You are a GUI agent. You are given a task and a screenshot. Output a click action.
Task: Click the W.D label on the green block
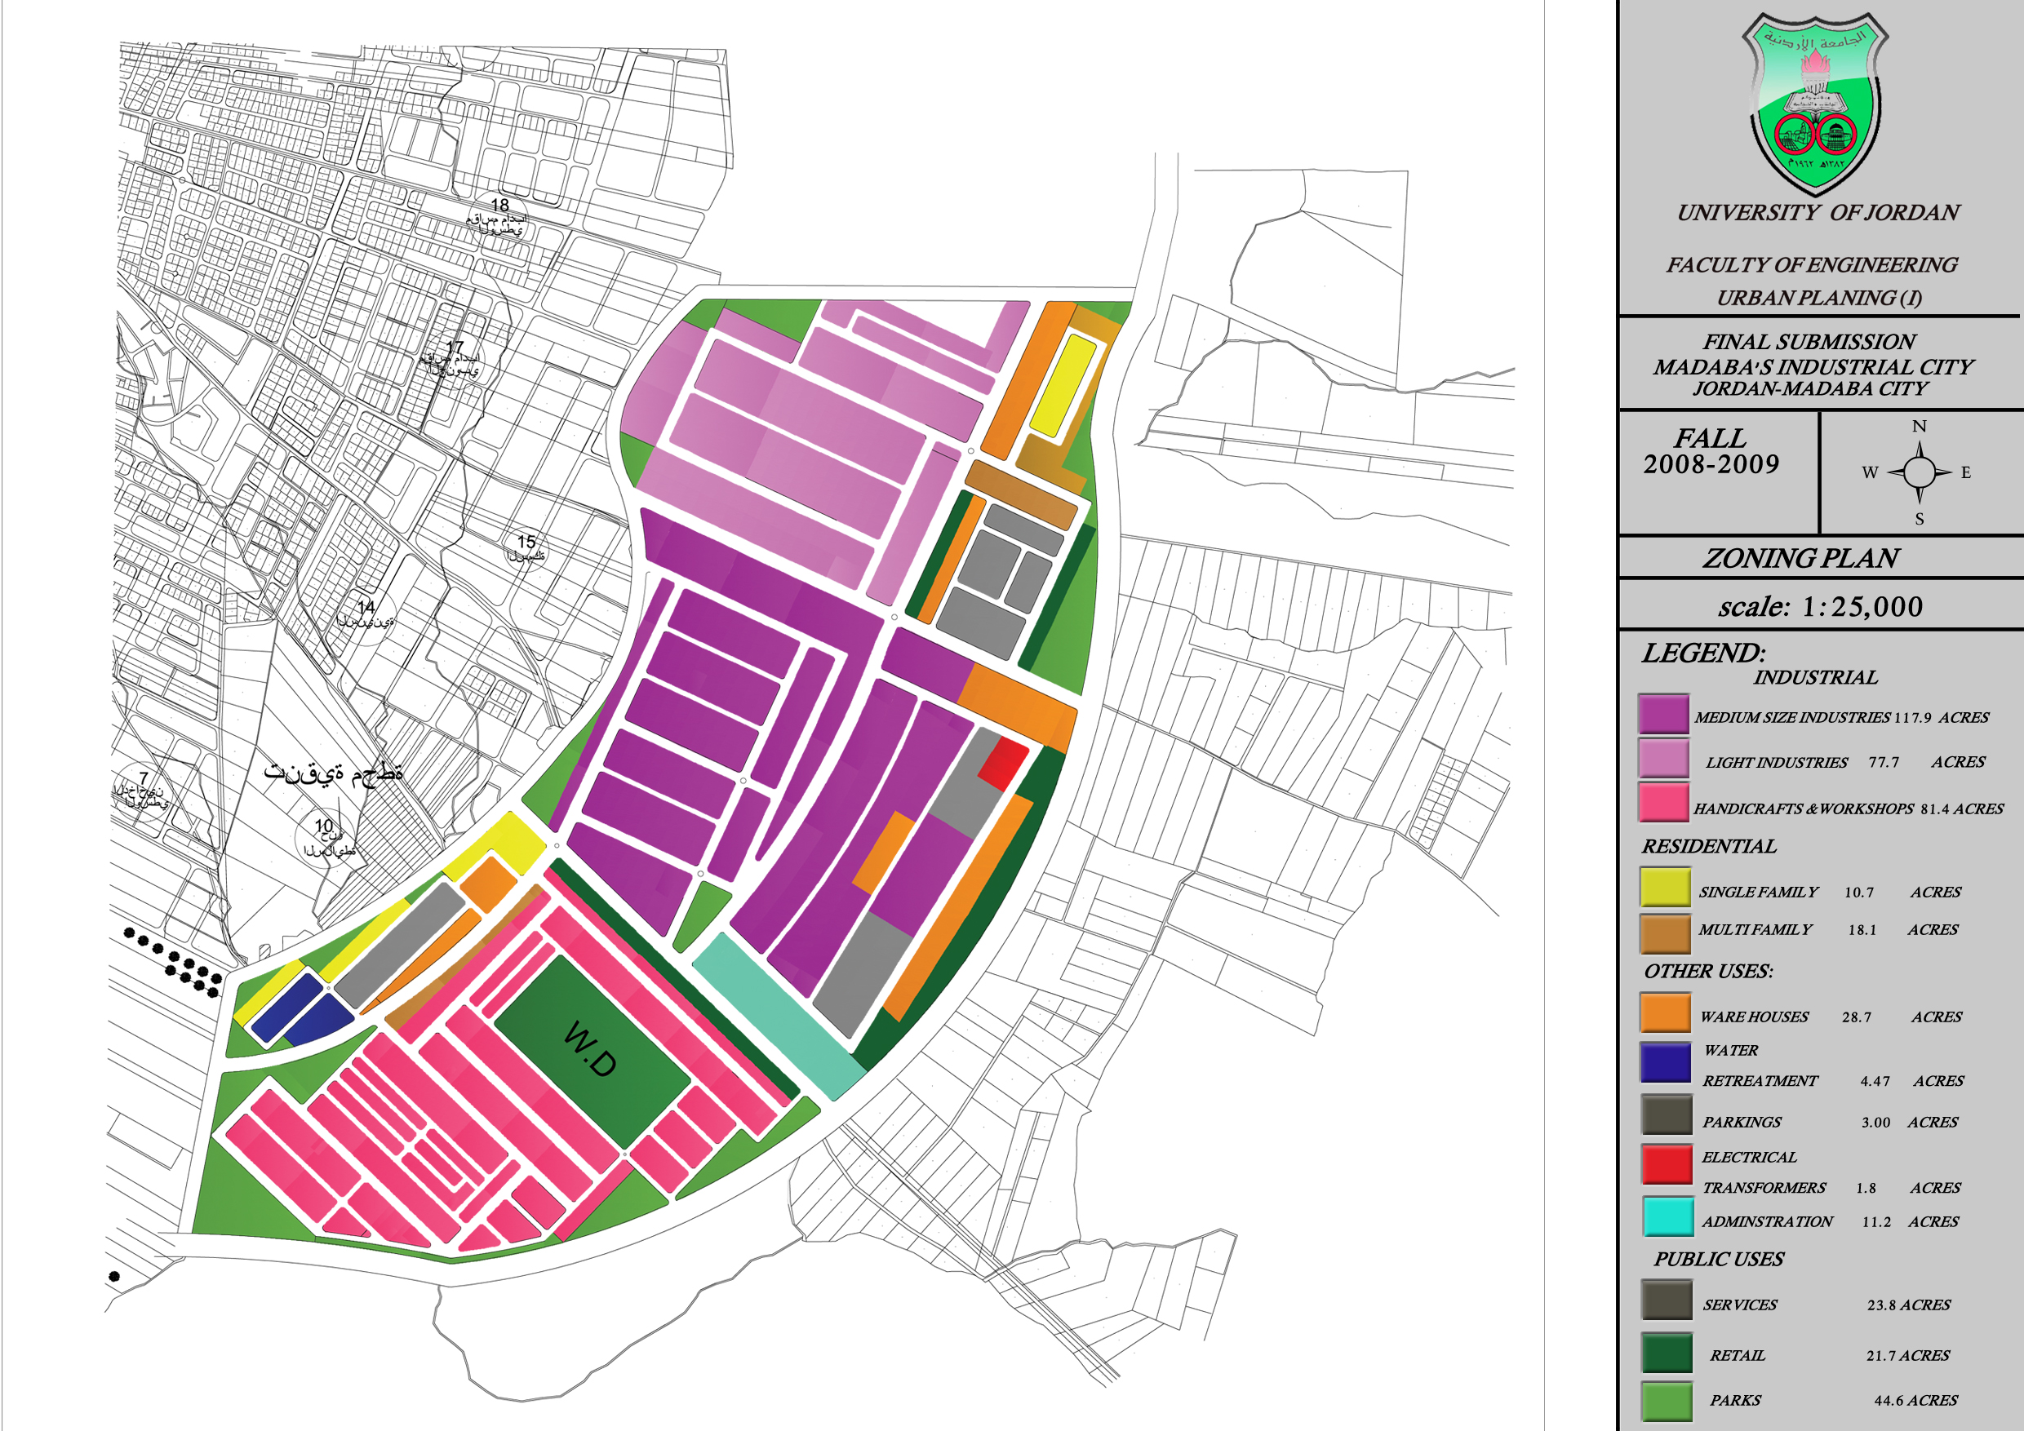tap(590, 1048)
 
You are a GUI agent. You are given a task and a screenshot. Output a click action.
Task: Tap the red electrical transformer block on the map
tap(1003, 763)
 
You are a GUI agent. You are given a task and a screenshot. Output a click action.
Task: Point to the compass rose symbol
tap(1919, 472)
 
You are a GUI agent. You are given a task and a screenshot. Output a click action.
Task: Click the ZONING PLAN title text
tap(1800, 559)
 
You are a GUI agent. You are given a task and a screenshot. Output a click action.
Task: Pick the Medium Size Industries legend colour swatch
tap(1663, 715)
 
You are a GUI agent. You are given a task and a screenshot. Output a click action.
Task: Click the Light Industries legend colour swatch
tap(1663, 759)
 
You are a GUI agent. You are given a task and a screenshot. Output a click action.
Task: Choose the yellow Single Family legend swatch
tap(1665, 888)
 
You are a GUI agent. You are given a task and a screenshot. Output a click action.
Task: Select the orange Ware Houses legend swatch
tap(1665, 1012)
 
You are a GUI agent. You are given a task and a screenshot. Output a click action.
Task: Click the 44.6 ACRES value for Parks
tap(1915, 1400)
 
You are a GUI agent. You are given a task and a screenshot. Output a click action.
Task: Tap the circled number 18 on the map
tap(499, 206)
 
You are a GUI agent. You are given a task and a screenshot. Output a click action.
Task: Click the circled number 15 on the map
tap(526, 542)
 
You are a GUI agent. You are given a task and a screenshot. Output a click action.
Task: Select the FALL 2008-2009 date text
tap(1711, 451)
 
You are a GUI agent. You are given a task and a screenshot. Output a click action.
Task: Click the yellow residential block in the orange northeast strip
tap(1063, 385)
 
